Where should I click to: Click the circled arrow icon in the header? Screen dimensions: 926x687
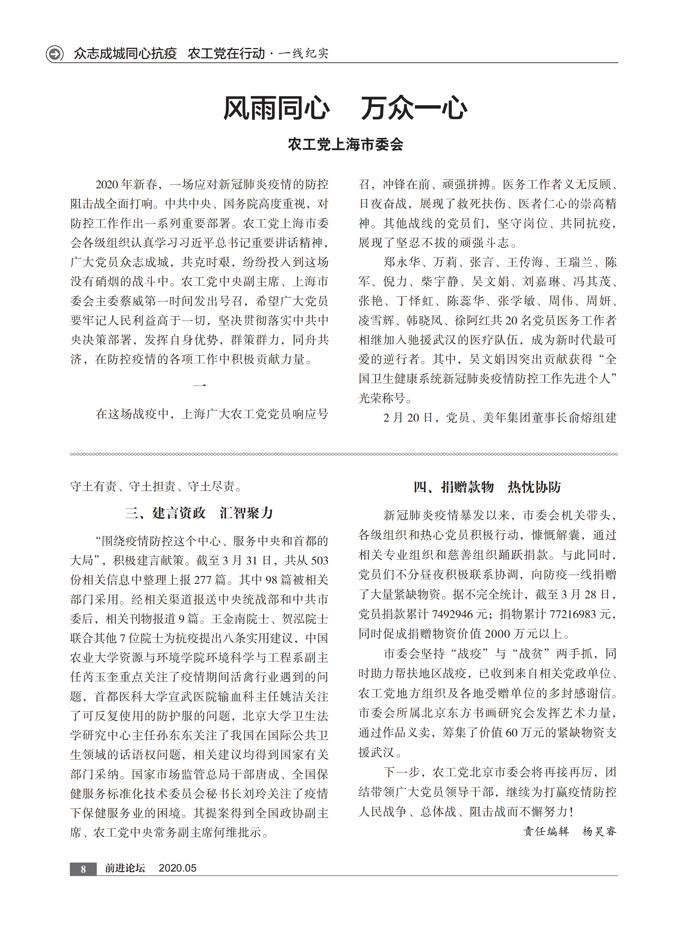pos(54,54)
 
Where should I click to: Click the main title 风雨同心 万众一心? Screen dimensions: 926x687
pos(345,108)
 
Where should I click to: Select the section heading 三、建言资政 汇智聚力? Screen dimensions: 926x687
pos(199,513)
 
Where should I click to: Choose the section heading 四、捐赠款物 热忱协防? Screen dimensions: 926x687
pos(487,487)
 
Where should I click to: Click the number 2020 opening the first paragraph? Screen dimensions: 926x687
pos(107,184)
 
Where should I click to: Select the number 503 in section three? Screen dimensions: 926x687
pos(320,560)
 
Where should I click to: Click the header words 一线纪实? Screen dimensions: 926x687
pos(304,54)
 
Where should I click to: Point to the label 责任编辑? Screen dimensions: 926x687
pos(546,831)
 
